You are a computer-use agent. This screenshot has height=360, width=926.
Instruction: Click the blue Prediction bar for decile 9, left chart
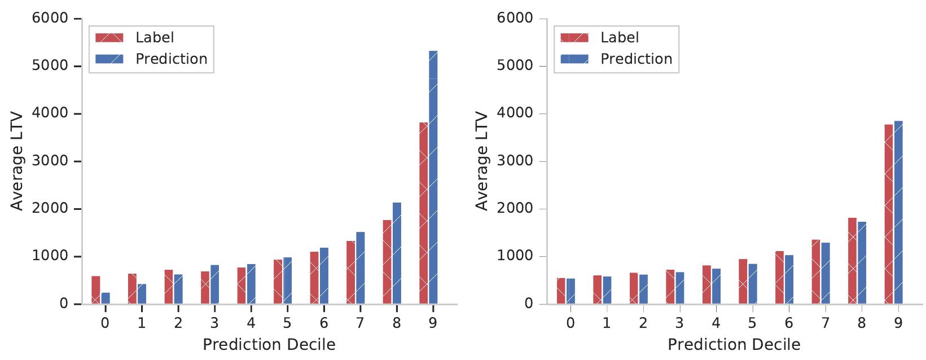(433, 178)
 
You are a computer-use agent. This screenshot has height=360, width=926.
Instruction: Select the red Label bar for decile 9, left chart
(424, 213)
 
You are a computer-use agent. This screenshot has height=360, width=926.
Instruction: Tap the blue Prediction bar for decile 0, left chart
(106, 298)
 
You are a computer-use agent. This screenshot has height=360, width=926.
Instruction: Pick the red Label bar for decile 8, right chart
(852, 261)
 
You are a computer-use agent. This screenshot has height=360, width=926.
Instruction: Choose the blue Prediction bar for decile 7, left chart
(360, 268)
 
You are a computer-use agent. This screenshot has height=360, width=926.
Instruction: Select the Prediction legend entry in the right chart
(636, 59)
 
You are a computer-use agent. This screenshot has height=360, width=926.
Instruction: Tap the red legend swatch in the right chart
(574, 38)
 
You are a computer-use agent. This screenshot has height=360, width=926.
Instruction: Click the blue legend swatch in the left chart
(109, 59)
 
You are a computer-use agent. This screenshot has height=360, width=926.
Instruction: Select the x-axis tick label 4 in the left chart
(251, 323)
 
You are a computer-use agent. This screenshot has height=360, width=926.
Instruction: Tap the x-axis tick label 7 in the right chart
(825, 323)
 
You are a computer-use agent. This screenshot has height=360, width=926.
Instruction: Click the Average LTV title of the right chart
(481, 161)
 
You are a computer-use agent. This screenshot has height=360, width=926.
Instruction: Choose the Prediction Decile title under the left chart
(269, 345)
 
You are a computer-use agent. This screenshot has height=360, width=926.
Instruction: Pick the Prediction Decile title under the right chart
(734, 345)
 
